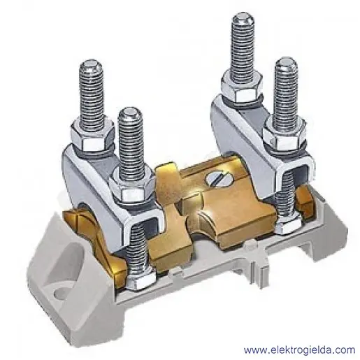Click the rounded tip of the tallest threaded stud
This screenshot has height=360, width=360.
point(243,18)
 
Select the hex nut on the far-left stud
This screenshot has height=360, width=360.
point(92,138)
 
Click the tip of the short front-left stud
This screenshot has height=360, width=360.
point(130,113)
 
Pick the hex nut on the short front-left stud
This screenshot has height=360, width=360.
point(131,187)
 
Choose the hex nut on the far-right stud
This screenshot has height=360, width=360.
point(285,135)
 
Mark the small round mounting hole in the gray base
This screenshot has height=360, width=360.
point(59,292)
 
